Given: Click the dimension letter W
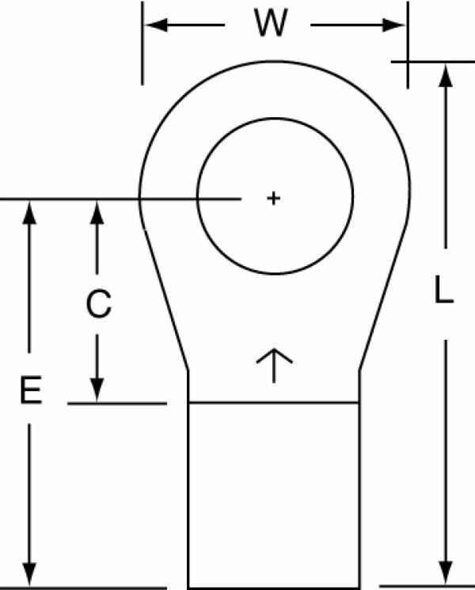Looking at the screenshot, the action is coord(271,23).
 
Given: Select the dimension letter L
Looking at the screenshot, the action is coord(444,289).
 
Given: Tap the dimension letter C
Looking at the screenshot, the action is coord(98,303).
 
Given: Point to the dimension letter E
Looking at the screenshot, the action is coord(31,390).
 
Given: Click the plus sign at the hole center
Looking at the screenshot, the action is coord(273,198).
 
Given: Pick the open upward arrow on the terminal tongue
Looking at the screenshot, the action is coord(274,365).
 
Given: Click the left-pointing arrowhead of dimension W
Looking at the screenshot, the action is coord(156,25).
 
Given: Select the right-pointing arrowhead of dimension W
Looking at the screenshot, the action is coord(393,25).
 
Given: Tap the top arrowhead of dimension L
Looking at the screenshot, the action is coord(446,76).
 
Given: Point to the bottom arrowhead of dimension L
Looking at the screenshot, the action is coord(446,573).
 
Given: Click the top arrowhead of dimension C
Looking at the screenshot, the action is coord(97,212).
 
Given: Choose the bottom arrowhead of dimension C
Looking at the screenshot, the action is coord(97,390).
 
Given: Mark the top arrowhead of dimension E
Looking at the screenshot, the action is coord(29,212).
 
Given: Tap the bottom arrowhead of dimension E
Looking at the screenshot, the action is coord(29,574).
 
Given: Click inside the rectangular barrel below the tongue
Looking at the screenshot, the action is coord(274,495).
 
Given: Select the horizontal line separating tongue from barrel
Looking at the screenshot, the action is coord(274,403).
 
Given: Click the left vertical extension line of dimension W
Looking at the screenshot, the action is coord(142,44).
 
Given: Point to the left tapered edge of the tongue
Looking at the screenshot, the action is coord(166,299).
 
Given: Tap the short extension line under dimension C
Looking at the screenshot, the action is coord(117,404).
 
